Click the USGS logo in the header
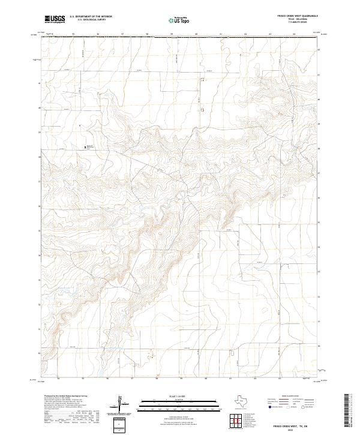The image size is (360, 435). [x=55, y=19]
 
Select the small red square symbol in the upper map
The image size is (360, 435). [x=202, y=110]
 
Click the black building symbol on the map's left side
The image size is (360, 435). [x=85, y=145]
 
